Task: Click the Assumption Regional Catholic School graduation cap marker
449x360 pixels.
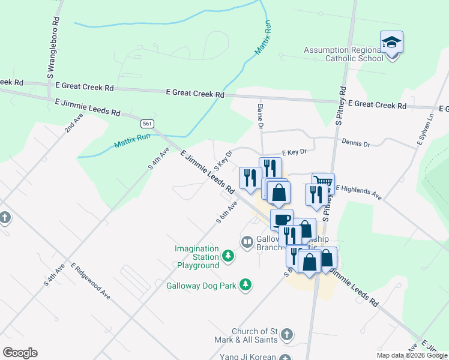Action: coord(391,43)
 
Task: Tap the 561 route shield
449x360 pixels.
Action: coord(146,124)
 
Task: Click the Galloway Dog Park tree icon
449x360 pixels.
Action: coord(245,284)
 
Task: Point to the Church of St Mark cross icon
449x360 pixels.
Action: coord(286,334)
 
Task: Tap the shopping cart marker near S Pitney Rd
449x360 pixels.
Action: coord(323,182)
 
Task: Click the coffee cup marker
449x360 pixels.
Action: coord(282,219)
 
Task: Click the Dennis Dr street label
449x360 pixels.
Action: coord(356,144)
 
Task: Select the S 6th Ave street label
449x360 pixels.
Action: coord(228,212)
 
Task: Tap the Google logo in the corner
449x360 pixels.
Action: coord(20,353)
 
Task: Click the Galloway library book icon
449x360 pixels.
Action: coord(247,242)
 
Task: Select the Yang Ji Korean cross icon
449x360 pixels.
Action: coord(286,358)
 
